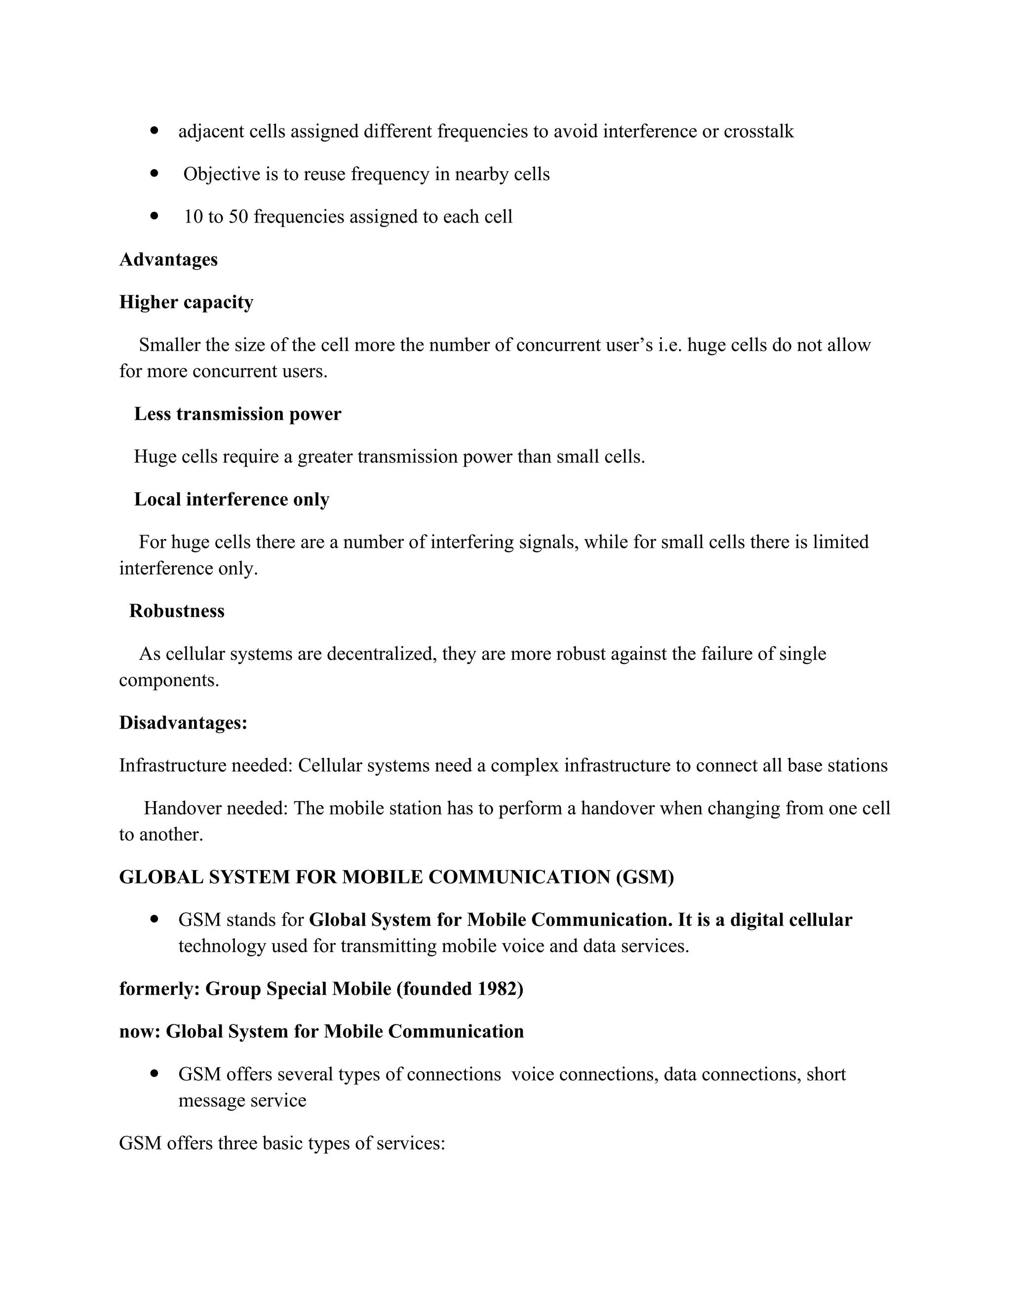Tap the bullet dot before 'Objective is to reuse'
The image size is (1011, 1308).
pos(155,173)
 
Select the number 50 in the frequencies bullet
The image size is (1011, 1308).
pos(238,216)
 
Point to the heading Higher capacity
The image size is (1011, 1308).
pos(186,302)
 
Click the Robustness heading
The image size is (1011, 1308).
pos(177,611)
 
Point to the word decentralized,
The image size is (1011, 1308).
pos(382,654)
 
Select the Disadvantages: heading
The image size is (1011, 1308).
pos(183,723)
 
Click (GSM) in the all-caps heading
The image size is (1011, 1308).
pos(644,878)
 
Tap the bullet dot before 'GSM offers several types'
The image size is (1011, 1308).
pos(155,1074)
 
